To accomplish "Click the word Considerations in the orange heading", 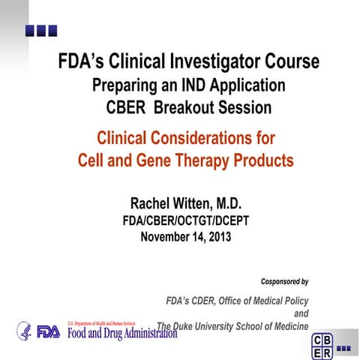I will (213, 138).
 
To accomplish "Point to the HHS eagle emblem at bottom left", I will (25, 331).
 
